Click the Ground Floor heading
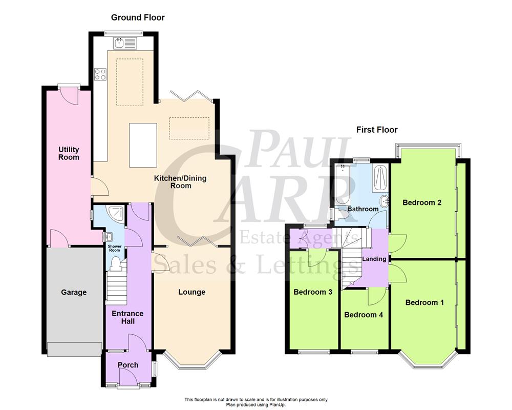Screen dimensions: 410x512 pyautogui.click(x=138, y=18)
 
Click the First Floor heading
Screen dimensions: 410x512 pyautogui.click(x=377, y=130)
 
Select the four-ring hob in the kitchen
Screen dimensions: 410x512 pyautogui.click(x=100, y=74)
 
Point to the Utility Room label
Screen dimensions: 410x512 pyautogui.click(x=69, y=153)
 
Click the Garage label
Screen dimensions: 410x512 pyautogui.click(x=74, y=292)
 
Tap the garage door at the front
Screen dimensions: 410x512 pyautogui.click(x=74, y=349)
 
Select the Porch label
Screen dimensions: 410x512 pyautogui.click(x=128, y=365)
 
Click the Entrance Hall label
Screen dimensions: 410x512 pyautogui.click(x=128, y=317)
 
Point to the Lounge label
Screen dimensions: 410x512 pyautogui.click(x=191, y=292)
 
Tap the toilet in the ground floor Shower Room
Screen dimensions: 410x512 pyautogui.click(x=116, y=263)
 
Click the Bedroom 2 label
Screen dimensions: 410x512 pyautogui.click(x=422, y=202)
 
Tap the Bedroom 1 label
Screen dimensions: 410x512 pyautogui.click(x=424, y=302)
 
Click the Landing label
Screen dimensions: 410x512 pyautogui.click(x=374, y=259)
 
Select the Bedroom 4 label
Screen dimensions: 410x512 pyautogui.click(x=364, y=315)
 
